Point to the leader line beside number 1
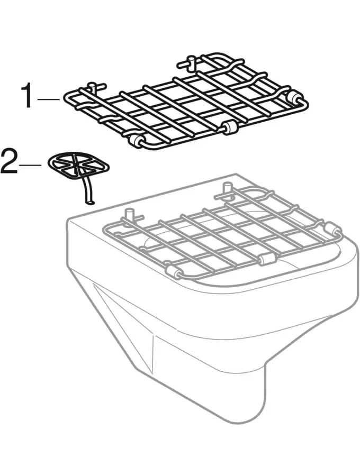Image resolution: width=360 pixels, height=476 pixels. click(51, 98)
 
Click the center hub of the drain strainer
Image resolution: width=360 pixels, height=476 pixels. click(78, 164)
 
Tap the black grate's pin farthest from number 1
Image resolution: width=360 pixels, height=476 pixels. click(188, 63)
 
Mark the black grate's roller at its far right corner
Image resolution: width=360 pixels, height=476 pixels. click(295, 98)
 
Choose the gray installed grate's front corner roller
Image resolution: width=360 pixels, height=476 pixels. click(172, 271)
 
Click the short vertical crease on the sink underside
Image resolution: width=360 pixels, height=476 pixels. click(154, 352)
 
